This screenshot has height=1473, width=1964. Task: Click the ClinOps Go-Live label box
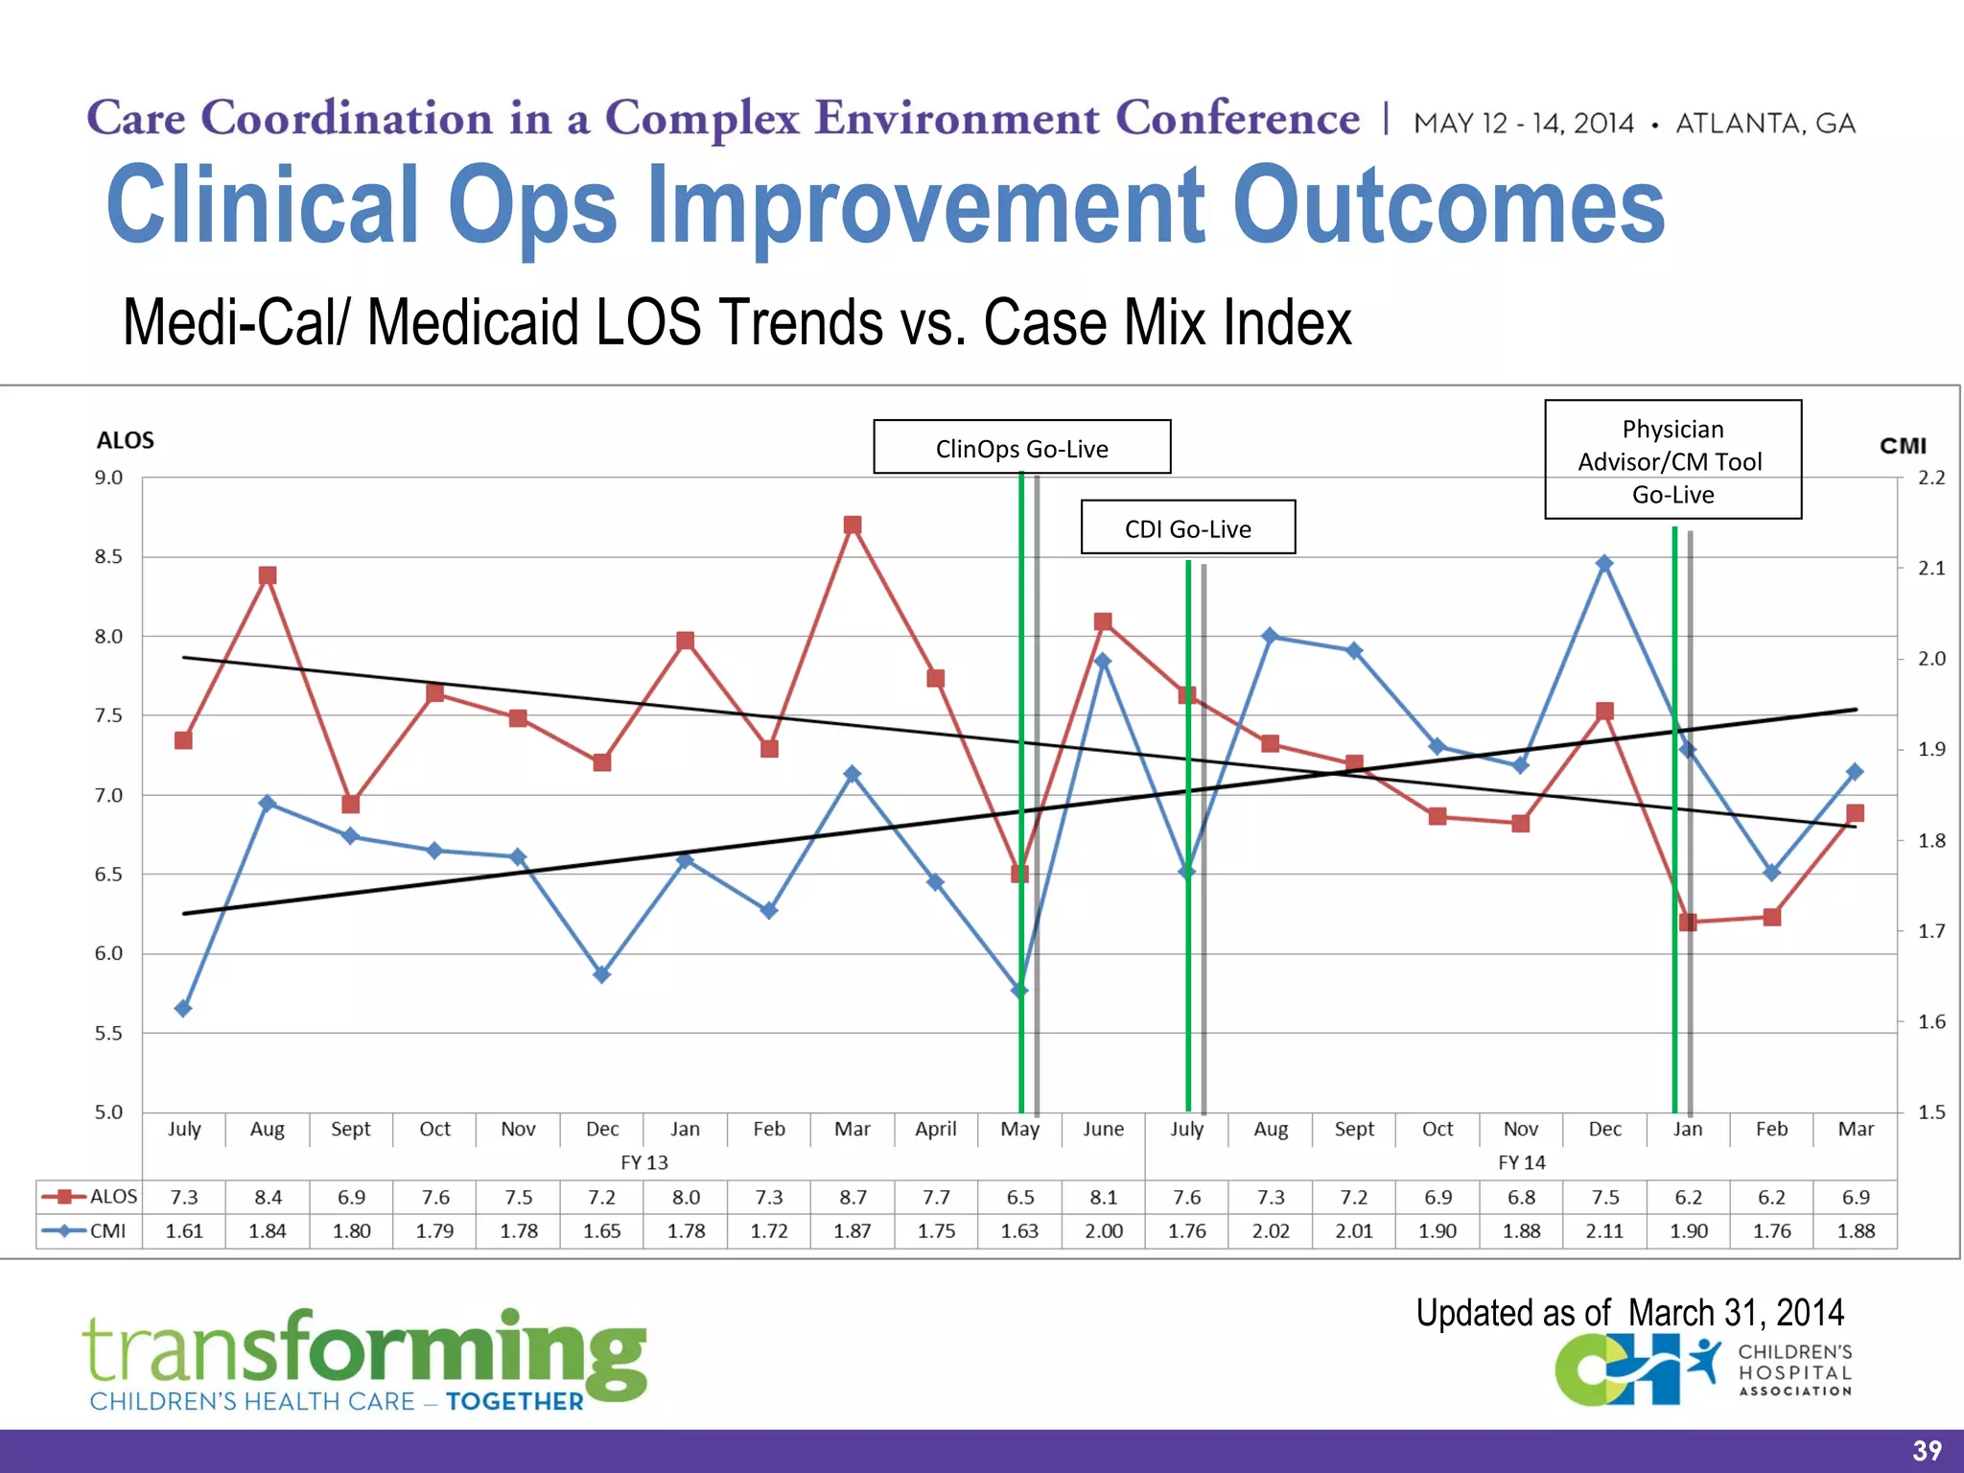[x=1021, y=447]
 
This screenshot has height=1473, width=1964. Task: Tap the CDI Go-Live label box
[x=1187, y=527]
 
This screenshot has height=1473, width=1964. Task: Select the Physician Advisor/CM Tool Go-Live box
[x=1672, y=460]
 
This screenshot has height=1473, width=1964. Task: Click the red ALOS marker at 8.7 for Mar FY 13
[x=853, y=525]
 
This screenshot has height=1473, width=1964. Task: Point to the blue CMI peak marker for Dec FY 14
[x=1604, y=563]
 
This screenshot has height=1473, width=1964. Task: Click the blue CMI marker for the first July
[x=183, y=1008]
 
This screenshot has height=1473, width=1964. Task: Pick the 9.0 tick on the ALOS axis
[x=108, y=478]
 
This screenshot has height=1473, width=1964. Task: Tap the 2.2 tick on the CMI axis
[x=1930, y=478]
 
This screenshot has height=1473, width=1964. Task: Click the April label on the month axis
[x=935, y=1129]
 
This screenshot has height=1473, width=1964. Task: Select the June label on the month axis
[x=1103, y=1129]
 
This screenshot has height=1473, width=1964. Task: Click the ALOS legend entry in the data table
[x=89, y=1197]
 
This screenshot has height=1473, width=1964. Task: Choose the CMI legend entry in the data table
[x=89, y=1230]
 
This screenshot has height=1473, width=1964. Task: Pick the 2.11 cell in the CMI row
[x=1604, y=1230]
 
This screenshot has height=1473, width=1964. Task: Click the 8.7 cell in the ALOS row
[x=853, y=1197]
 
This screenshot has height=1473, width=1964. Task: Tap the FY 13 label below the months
[x=643, y=1162]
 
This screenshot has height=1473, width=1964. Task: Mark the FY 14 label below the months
[x=1521, y=1162]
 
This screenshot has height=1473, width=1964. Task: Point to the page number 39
[x=1927, y=1451]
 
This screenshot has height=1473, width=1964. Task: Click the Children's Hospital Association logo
[x=1702, y=1371]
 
